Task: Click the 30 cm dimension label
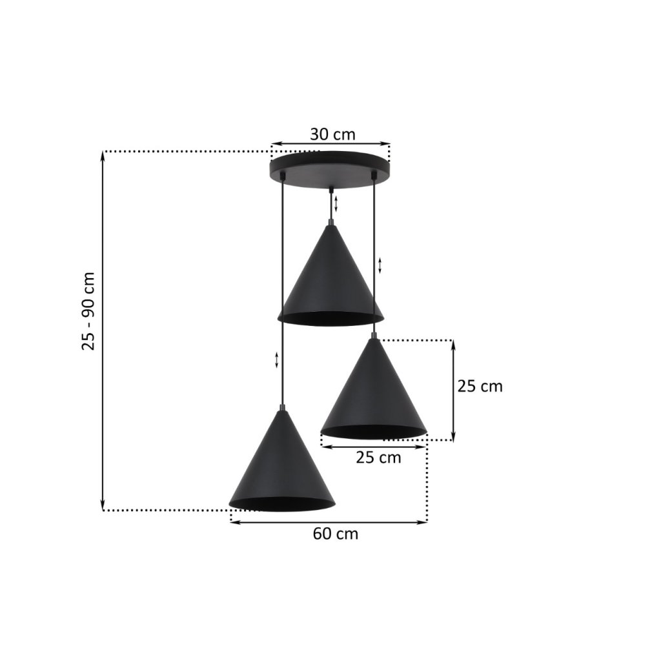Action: pyautogui.click(x=332, y=134)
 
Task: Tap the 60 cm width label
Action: pyautogui.click(x=336, y=534)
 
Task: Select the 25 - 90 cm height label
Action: pyautogui.click(x=88, y=311)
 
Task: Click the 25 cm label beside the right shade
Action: pyautogui.click(x=480, y=386)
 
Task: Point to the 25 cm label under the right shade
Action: pyautogui.click(x=378, y=458)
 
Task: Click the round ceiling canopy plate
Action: pyautogui.click(x=330, y=170)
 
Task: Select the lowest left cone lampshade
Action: pyautogui.click(x=282, y=461)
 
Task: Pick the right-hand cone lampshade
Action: pyautogui.click(x=374, y=388)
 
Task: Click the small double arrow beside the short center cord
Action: pyautogui.click(x=336, y=203)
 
